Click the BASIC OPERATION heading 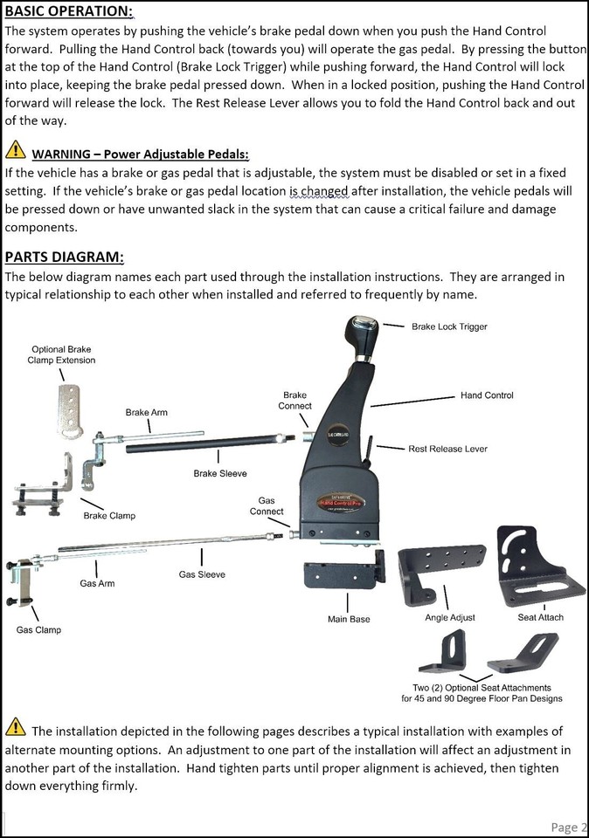coord(69,13)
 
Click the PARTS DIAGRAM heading coord(64,257)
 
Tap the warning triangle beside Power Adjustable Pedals coord(15,150)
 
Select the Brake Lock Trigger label coord(449,326)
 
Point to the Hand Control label coord(487,395)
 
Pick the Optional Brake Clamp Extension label coord(63,355)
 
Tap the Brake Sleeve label coord(220,473)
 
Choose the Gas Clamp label coord(38,629)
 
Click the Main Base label coord(349,619)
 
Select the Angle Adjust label coord(449,617)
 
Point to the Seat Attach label coord(540,617)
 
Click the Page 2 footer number coord(569,827)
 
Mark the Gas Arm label coord(97,583)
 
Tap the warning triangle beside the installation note coord(15,728)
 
